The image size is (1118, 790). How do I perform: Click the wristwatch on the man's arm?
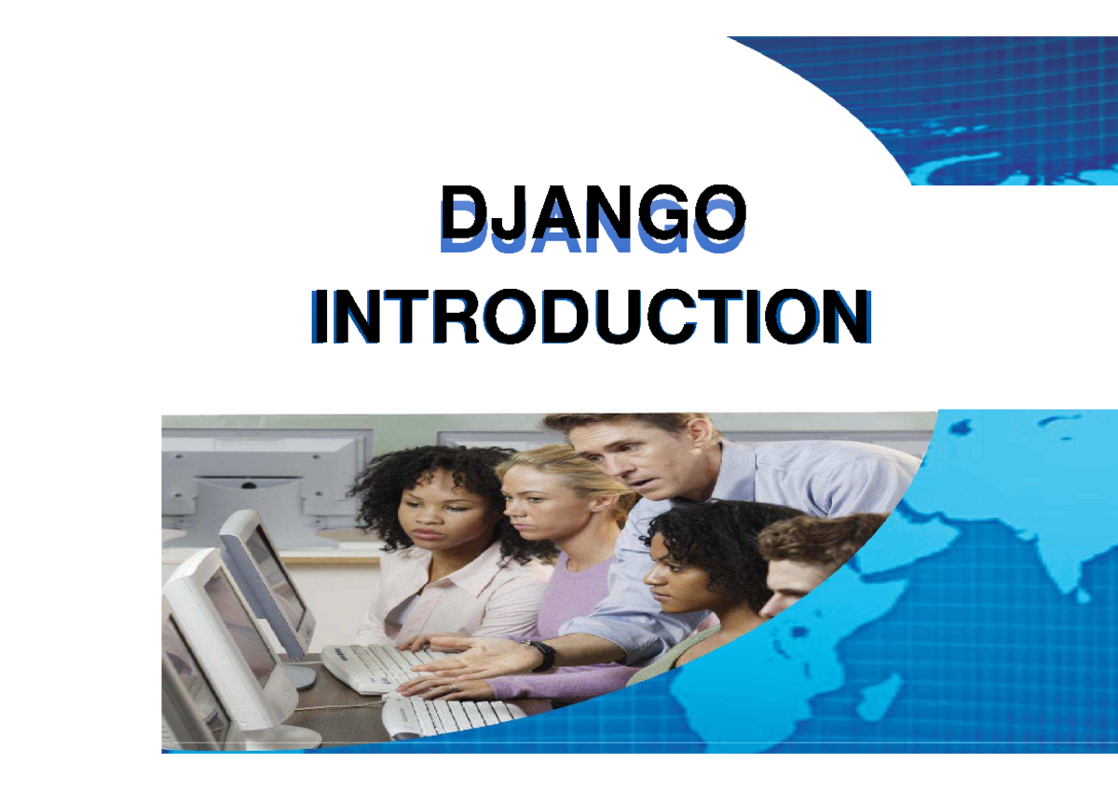542,655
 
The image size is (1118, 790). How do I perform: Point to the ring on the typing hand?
454,688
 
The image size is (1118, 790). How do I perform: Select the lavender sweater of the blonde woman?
587,596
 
